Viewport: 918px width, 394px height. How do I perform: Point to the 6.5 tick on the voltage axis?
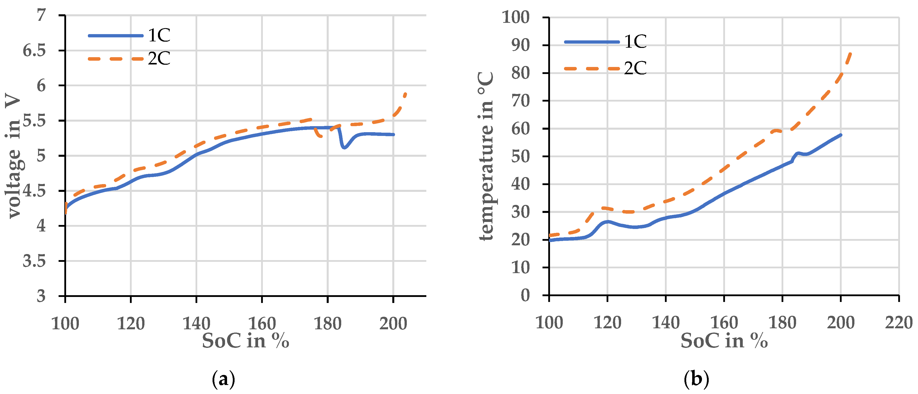click(34, 50)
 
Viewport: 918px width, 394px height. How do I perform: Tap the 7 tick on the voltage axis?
click(41, 15)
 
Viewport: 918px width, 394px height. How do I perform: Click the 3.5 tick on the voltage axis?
click(34, 261)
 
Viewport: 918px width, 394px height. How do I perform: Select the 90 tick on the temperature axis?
click(520, 45)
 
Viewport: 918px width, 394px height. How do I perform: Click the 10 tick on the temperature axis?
click(520, 267)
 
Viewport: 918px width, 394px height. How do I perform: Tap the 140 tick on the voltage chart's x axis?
click(196, 323)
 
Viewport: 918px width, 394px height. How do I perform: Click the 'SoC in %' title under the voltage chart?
click(245, 341)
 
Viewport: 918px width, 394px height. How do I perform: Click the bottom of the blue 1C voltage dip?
click(344, 147)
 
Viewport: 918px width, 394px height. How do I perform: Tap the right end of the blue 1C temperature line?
click(841, 135)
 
